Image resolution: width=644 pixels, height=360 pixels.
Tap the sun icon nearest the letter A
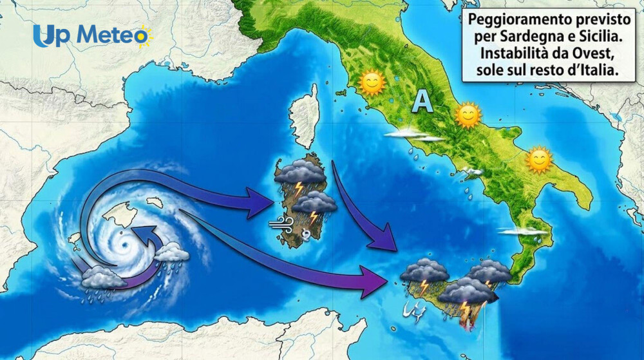(468, 116)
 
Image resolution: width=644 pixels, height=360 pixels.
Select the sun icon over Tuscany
(372, 82)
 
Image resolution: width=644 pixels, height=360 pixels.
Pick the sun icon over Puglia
(539, 160)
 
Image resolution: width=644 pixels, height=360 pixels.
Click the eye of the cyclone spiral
(120, 245)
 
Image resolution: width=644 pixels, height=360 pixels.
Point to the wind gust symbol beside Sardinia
(281, 223)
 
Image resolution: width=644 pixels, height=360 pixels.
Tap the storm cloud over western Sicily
(423, 272)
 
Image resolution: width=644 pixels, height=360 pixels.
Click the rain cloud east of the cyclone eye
(171, 252)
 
